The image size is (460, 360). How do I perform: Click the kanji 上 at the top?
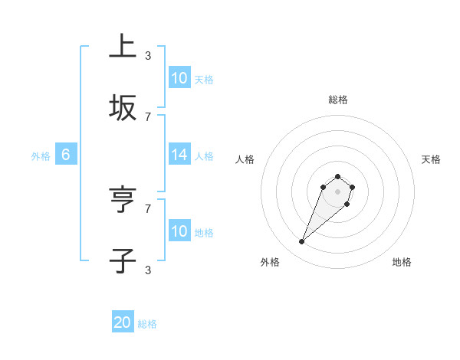123,47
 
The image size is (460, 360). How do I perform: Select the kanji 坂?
123,108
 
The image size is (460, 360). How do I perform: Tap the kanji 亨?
123,200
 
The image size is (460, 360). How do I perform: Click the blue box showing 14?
179,155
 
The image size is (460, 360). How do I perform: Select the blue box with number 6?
66,155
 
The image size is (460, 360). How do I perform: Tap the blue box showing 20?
123,323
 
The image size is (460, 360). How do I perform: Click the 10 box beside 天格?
179,78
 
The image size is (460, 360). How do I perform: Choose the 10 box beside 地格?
179,231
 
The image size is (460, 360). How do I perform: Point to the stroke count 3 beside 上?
148,55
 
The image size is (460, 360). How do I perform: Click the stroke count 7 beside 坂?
148,116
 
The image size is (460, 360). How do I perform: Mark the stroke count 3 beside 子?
148,270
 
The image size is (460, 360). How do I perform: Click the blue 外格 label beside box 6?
41,155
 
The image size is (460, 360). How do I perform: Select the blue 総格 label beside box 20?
147,324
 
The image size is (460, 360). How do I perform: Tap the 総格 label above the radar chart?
338,100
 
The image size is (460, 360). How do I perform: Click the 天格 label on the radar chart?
431,159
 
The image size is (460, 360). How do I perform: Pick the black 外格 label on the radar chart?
270,262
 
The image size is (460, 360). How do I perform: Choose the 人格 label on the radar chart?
245,159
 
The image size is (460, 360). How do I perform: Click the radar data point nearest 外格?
302,242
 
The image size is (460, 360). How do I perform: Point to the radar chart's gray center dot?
338,191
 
